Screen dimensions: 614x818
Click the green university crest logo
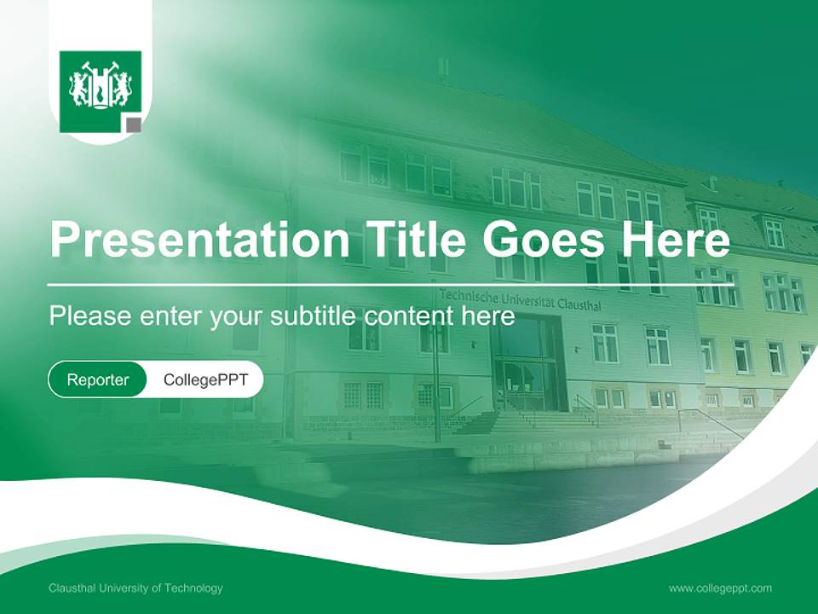point(100,90)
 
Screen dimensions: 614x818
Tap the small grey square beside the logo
point(133,126)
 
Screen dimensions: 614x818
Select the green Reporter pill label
point(98,379)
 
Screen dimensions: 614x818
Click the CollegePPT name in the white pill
point(205,379)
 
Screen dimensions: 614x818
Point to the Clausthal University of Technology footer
point(135,588)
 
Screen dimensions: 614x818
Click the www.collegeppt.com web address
point(720,588)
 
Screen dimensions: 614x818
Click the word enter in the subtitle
point(170,316)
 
